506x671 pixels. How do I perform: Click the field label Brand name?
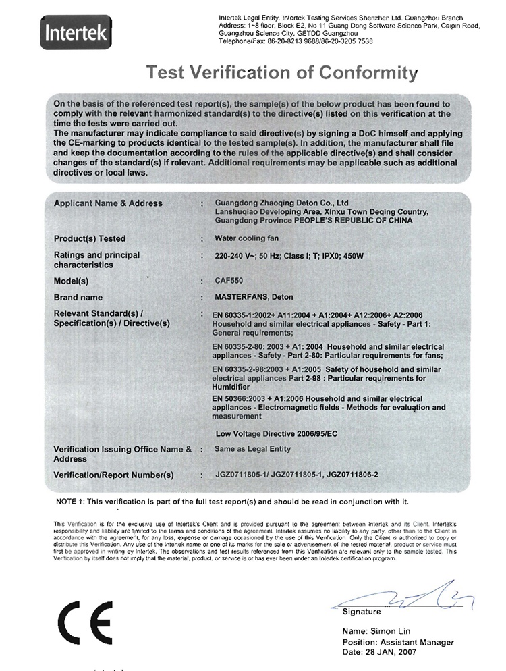[x=78, y=297]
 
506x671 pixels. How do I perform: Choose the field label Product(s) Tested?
[x=89, y=238]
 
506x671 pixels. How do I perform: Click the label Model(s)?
[x=71, y=281]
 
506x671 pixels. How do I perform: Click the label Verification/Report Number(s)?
[x=113, y=475]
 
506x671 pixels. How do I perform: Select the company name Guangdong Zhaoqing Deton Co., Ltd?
[x=281, y=203]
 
